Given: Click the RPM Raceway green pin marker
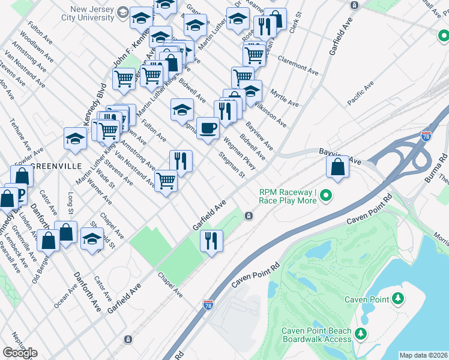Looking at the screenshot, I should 326,196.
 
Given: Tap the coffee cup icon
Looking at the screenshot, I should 208,128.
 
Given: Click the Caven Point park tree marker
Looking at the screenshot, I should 397,299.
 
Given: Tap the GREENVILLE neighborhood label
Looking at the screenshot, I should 56,166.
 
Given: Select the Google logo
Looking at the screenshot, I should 20,353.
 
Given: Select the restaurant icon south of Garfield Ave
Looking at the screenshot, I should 211,241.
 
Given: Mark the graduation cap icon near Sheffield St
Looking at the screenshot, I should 92,239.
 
